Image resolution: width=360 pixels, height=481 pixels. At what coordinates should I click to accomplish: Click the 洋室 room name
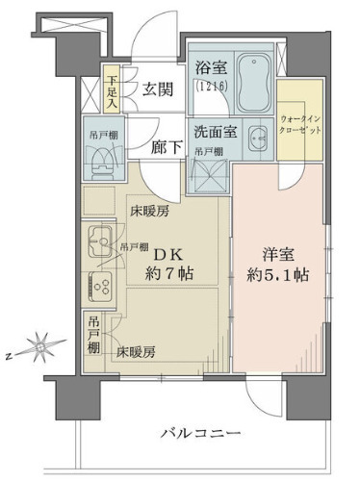pyautogui.click(x=277, y=255)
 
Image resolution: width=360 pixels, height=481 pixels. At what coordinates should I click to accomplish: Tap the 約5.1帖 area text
pyautogui.click(x=277, y=276)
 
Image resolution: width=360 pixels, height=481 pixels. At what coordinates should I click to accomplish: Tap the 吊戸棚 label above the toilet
pyautogui.click(x=97, y=137)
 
